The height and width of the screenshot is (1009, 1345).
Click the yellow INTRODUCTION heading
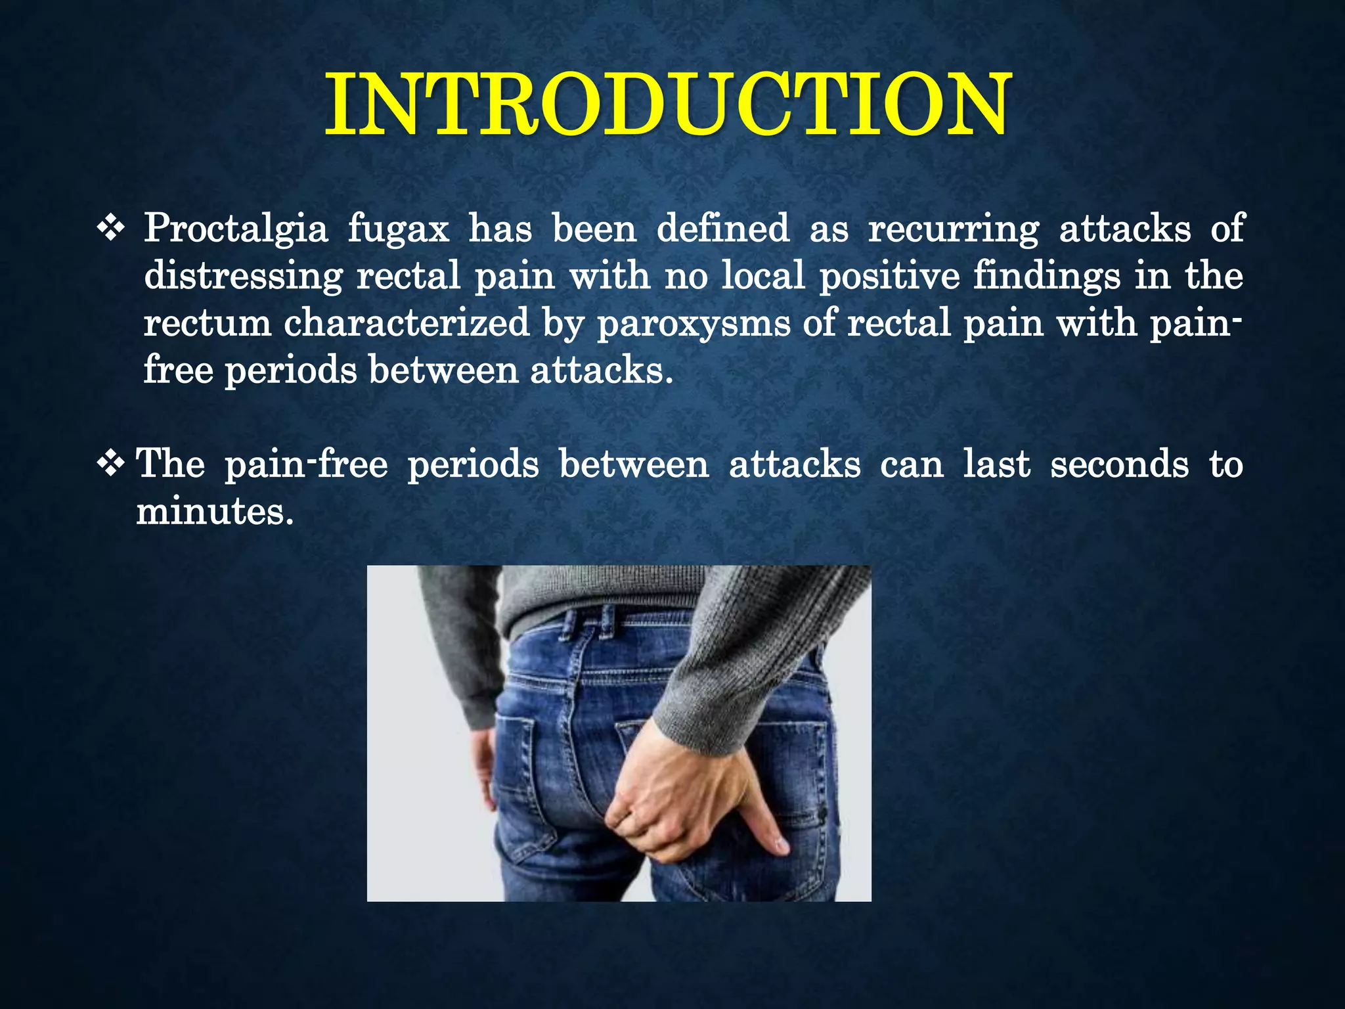point(667,105)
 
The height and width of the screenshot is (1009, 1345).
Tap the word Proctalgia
point(236,229)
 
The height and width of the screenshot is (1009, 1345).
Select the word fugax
point(399,229)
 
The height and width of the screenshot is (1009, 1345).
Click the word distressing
point(243,276)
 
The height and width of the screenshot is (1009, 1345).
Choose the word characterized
point(407,323)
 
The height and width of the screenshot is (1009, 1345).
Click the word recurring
point(954,229)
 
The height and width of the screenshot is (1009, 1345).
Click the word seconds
point(1119,464)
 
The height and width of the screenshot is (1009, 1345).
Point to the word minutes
point(214,511)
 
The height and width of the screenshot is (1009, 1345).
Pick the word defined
point(723,229)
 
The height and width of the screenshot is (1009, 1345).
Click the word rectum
point(208,323)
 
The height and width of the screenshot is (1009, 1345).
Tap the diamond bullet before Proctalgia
point(111,229)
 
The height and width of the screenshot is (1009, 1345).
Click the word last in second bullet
point(996,464)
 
